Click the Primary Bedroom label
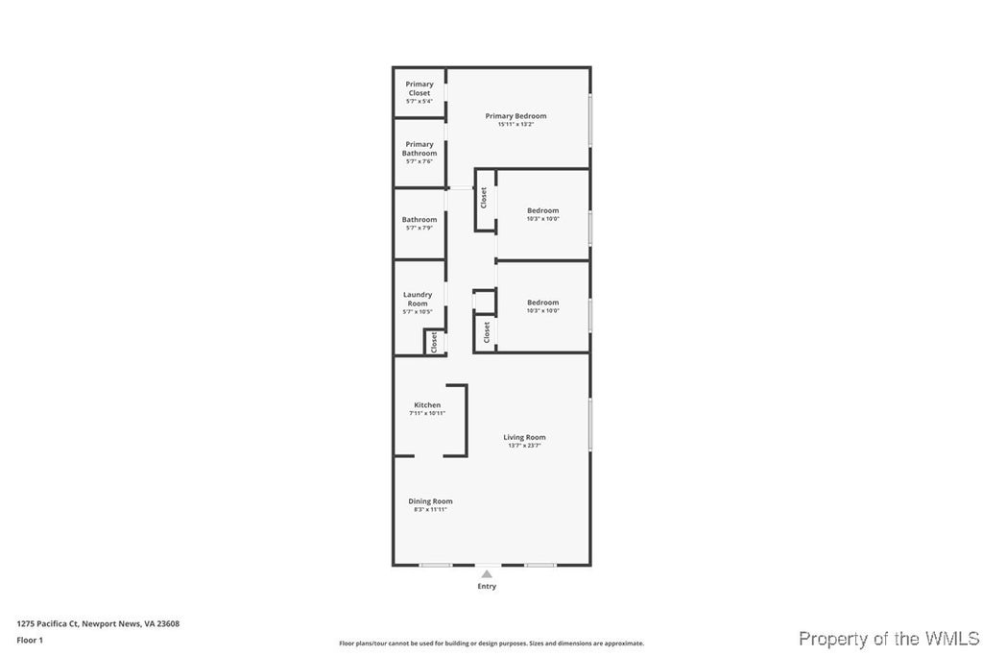(515, 116)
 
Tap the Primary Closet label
(420, 88)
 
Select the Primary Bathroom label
(420, 149)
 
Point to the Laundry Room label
(418, 299)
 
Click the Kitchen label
(427, 405)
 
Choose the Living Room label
(524, 437)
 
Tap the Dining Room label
(430, 501)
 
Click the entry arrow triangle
(487, 574)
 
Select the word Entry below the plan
(487, 586)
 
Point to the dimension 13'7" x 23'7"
(524, 446)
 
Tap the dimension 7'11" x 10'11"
(427, 414)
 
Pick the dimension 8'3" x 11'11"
(430, 509)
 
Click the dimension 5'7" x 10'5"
(418, 312)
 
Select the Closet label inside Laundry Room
(434, 341)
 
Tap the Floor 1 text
(30, 640)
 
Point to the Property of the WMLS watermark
(889, 639)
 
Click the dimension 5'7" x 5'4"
(420, 101)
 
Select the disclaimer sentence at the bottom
(491, 644)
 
